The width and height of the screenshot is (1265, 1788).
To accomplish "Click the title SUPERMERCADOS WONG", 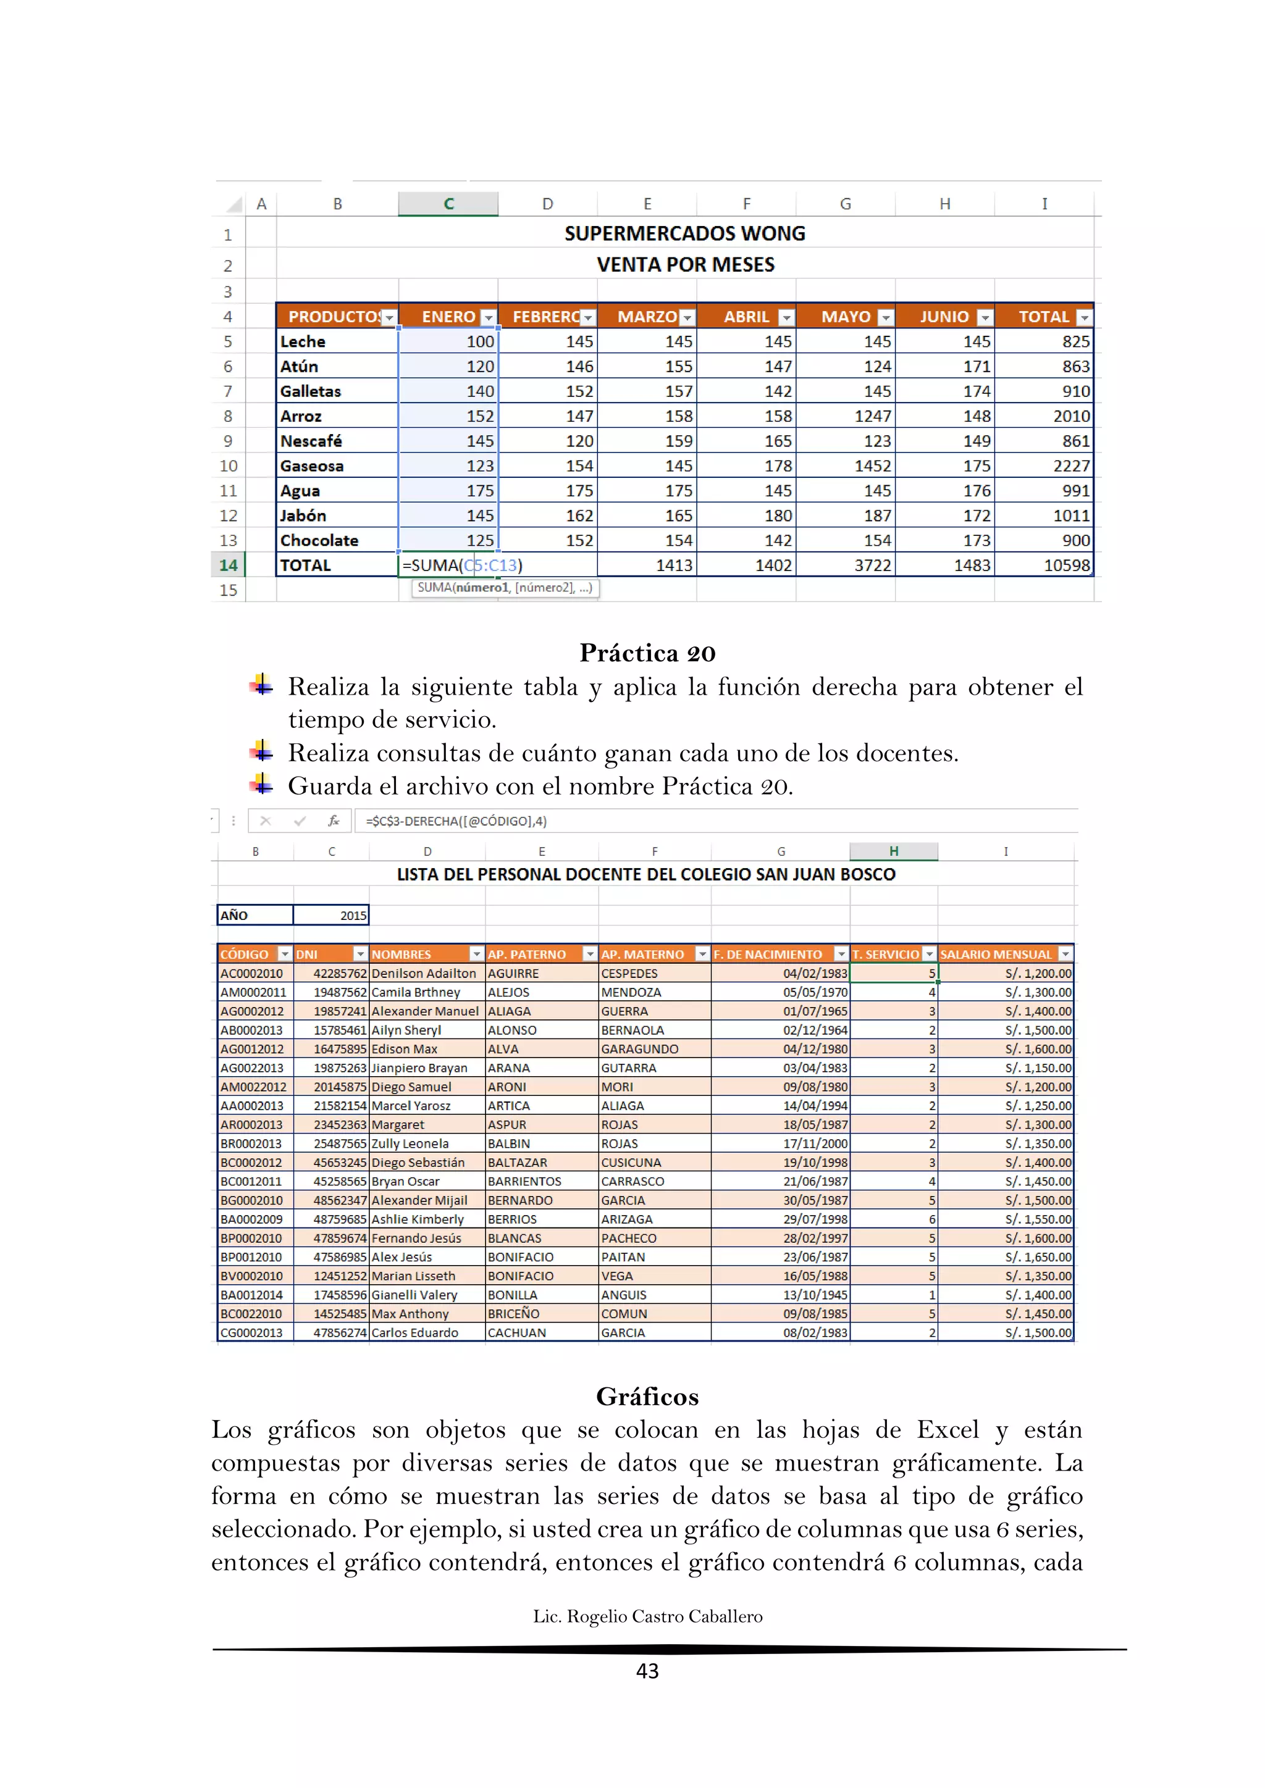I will tap(684, 233).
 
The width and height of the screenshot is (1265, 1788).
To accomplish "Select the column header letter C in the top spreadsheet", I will tap(448, 204).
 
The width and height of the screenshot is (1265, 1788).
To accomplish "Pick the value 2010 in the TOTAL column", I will tap(1071, 416).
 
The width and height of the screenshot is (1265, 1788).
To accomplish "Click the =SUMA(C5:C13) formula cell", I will tap(463, 566).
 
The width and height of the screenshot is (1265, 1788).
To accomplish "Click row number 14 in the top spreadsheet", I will tap(227, 566).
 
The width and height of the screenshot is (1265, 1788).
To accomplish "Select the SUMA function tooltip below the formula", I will tap(505, 588).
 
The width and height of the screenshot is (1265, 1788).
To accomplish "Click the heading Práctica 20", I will tap(647, 653).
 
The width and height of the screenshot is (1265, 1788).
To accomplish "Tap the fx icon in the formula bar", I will tap(334, 821).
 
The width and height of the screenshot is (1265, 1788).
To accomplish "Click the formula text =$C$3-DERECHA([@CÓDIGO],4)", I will tap(456, 821).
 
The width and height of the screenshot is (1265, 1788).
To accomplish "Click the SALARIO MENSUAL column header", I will tap(996, 954).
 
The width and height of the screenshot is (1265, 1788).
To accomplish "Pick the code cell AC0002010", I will tap(251, 974).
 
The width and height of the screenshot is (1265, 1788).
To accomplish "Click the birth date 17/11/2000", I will tap(815, 1143).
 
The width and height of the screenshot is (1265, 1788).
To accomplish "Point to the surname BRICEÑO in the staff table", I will tap(513, 1314).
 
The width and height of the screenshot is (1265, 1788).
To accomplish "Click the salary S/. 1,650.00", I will tap(1038, 1257).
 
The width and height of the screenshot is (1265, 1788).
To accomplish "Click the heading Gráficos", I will tap(647, 1397).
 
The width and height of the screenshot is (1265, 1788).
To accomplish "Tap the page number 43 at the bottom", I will tap(647, 1671).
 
